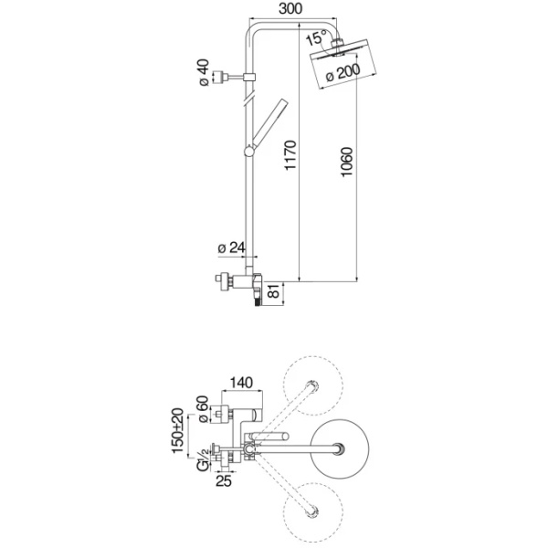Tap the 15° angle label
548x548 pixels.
(x=316, y=40)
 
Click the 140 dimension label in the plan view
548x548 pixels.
(x=241, y=383)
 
